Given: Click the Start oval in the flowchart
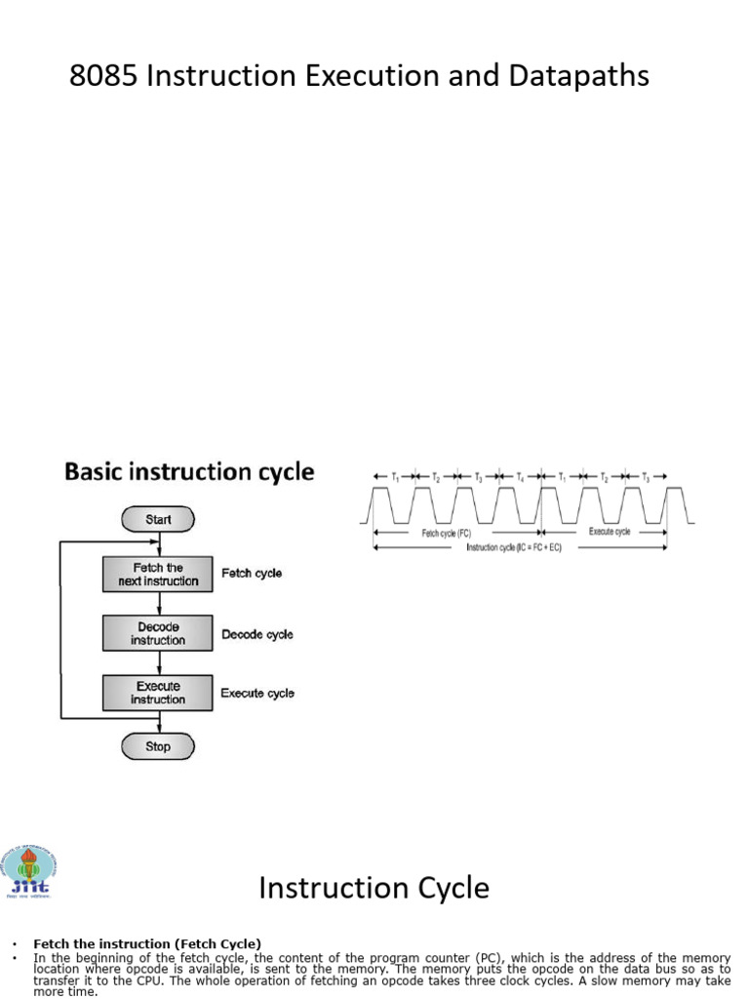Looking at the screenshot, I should pyautogui.click(x=158, y=520).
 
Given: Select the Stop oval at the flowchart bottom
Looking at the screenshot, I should pyautogui.click(x=158, y=746).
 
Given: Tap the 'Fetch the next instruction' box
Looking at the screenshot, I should pyautogui.click(x=158, y=574).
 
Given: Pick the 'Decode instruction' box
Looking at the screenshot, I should pyautogui.click(x=158, y=633).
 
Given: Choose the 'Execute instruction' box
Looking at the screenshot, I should pyautogui.click(x=158, y=693).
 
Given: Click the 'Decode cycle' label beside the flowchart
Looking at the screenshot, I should pyautogui.click(x=257, y=634).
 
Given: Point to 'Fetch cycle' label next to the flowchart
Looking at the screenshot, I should pyautogui.click(x=252, y=574).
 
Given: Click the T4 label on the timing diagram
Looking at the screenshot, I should pyautogui.click(x=520, y=476).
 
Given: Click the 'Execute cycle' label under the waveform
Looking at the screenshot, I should pyautogui.click(x=610, y=532).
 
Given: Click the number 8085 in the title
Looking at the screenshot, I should pyautogui.click(x=103, y=76).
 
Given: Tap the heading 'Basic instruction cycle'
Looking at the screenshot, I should pyautogui.click(x=189, y=472).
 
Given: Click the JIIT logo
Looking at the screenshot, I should pyautogui.click(x=29, y=870).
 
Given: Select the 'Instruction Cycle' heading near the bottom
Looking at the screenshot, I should pyautogui.click(x=374, y=888).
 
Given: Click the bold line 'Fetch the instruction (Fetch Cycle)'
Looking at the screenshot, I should pyautogui.click(x=147, y=943).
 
